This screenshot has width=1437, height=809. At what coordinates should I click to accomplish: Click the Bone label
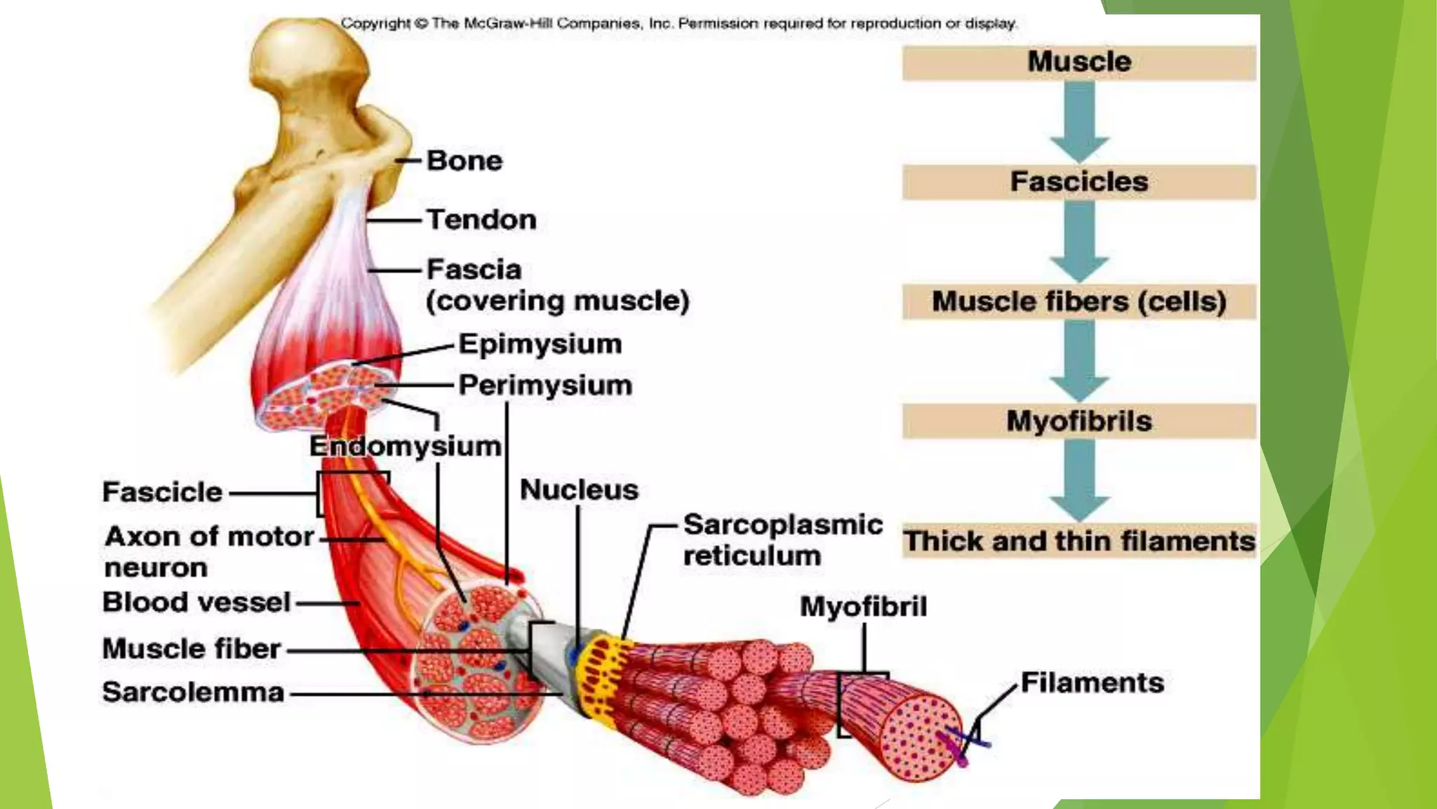pyautogui.click(x=464, y=161)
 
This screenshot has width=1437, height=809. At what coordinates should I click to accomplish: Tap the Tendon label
pyautogui.click(x=481, y=220)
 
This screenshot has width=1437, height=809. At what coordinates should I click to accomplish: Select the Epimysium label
pyautogui.click(x=540, y=344)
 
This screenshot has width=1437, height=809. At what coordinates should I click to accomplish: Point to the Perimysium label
pyautogui.click(x=545, y=386)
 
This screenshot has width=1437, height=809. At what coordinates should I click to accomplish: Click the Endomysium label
pyautogui.click(x=405, y=447)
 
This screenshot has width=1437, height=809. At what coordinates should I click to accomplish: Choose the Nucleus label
pyautogui.click(x=579, y=490)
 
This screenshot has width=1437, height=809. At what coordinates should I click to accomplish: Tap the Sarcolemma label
pyautogui.click(x=193, y=692)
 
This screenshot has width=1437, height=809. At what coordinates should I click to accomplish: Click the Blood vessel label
pyautogui.click(x=196, y=603)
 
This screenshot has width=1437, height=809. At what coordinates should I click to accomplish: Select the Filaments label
pyautogui.click(x=1092, y=683)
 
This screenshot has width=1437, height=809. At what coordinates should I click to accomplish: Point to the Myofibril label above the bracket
pyautogui.click(x=863, y=607)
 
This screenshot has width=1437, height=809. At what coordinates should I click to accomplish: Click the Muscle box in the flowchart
pyautogui.click(x=1078, y=63)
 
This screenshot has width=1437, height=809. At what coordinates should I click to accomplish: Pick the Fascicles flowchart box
pyautogui.click(x=1078, y=182)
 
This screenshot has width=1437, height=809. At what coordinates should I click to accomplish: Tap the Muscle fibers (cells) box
pyautogui.click(x=1078, y=302)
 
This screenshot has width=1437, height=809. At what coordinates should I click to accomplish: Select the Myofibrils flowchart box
pyautogui.click(x=1078, y=421)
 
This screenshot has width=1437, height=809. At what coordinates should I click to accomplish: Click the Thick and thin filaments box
pyautogui.click(x=1078, y=541)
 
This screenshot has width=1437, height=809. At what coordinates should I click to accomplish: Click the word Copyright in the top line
pyautogui.click(x=375, y=23)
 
